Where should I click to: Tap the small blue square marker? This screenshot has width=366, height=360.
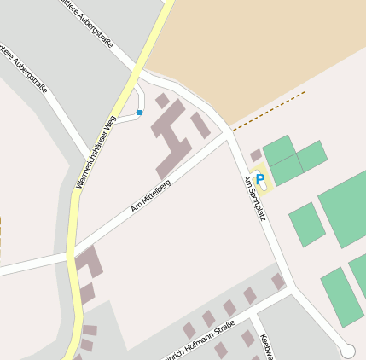pyautogui.click(x=139, y=113)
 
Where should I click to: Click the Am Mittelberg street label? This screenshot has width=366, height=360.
pyautogui.click(x=151, y=197)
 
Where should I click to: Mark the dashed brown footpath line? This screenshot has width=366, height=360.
pyautogui.click(x=268, y=111)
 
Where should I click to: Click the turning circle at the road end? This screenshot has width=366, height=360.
pyautogui.click(x=347, y=351)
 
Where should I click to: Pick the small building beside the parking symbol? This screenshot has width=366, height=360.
pyautogui.click(x=256, y=155)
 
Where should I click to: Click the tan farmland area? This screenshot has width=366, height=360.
pyautogui.click(x=256, y=51)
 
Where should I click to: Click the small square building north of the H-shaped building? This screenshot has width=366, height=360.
pyautogui.click(x=162, y=101)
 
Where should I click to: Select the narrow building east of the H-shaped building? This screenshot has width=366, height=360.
pyautogui.click(x=200, y=125)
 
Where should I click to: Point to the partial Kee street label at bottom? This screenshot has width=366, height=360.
pyautogui.click(x=264, y=345)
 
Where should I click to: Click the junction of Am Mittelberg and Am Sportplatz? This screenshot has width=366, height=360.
pyautogui.click(x=229, y=134)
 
